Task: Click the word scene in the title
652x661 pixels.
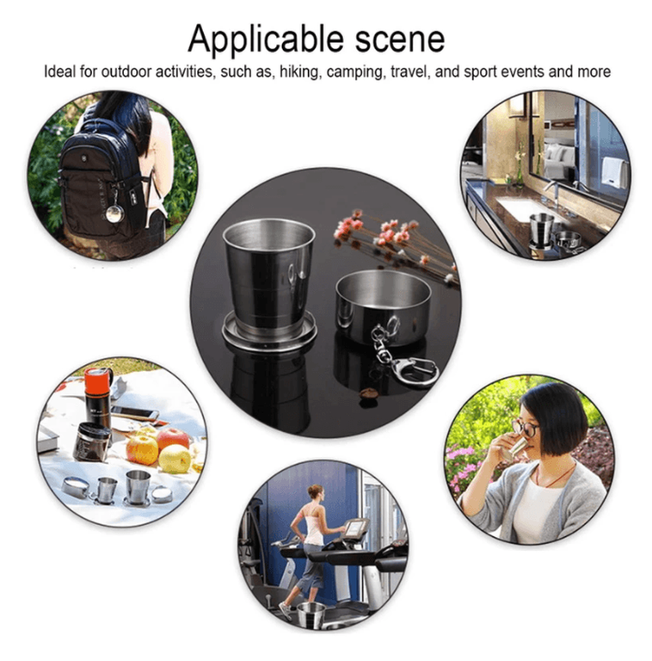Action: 400,40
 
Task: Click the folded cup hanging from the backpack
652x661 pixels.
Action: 115,213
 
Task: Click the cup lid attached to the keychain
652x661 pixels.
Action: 384,306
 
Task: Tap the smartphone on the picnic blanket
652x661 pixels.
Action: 135,413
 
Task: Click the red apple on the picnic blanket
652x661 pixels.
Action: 173,439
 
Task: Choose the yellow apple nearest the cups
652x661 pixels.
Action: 175,459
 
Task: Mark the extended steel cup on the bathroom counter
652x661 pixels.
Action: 542,230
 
